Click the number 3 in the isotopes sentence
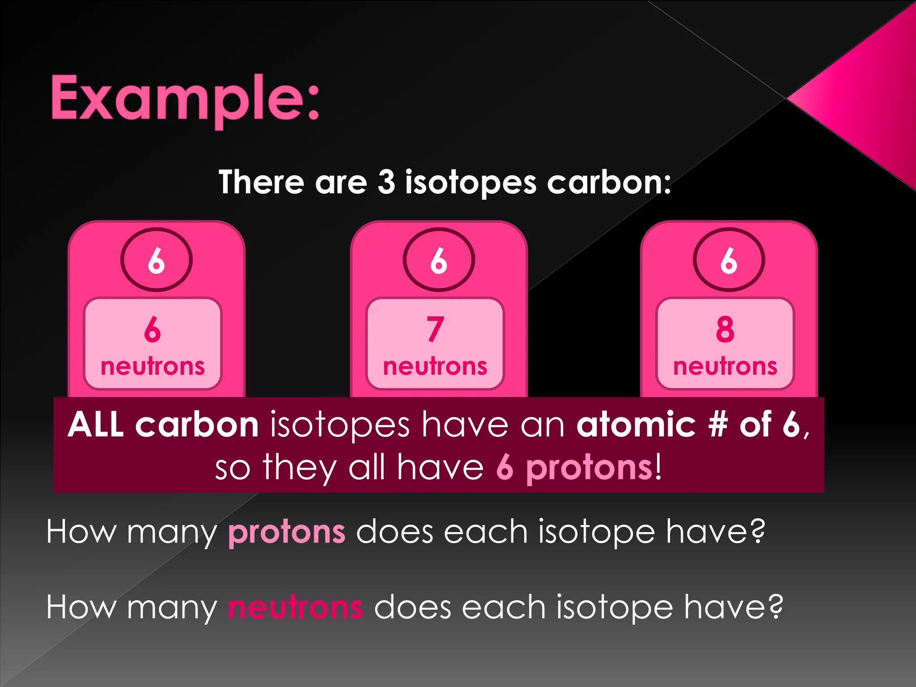(x=386, y=182)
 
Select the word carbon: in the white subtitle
(x=609, y=183)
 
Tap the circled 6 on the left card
(x=156, y=260)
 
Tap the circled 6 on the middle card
(x=439, y=260)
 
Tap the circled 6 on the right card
(x=729, y=260)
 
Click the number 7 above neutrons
(x=435, y=329)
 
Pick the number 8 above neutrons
(x=725, y=329)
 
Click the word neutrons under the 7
(x=435, y=367)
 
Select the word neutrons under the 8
(x=725, y=367)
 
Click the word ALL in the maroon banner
(x=96, y=424)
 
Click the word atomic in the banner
(x=636, y=424)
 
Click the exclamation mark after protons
(x=658, y=467)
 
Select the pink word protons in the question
(x=287, y=532)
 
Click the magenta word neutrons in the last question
(x=296, y=607)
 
